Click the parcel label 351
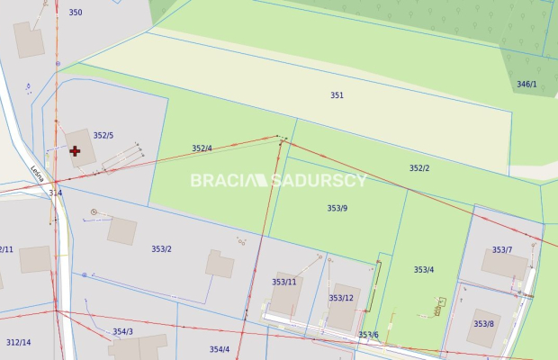[x=337, y=94]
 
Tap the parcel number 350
[x=75, y=13]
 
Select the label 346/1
[x=526, y=85]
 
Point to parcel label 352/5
[x=103, y=136]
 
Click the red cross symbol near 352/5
[x=75, y=151]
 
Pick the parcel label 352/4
[x=202, y=148]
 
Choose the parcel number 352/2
[x=419, y=168]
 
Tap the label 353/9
[x=337, y=208]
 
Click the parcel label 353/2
[x=162, y=249]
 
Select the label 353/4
[x=424, y=270]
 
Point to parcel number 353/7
[x=502, y=250]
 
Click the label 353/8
[x=483, y=324]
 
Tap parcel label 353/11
[x=283, y=283]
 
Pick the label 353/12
[x=341, y=298]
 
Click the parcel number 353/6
[x=368, y=335]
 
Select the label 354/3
[x=122, y=332]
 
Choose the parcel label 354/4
[x=220, y=349]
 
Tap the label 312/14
[x=18, y=343]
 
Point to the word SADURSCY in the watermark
[x=319, y=180]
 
